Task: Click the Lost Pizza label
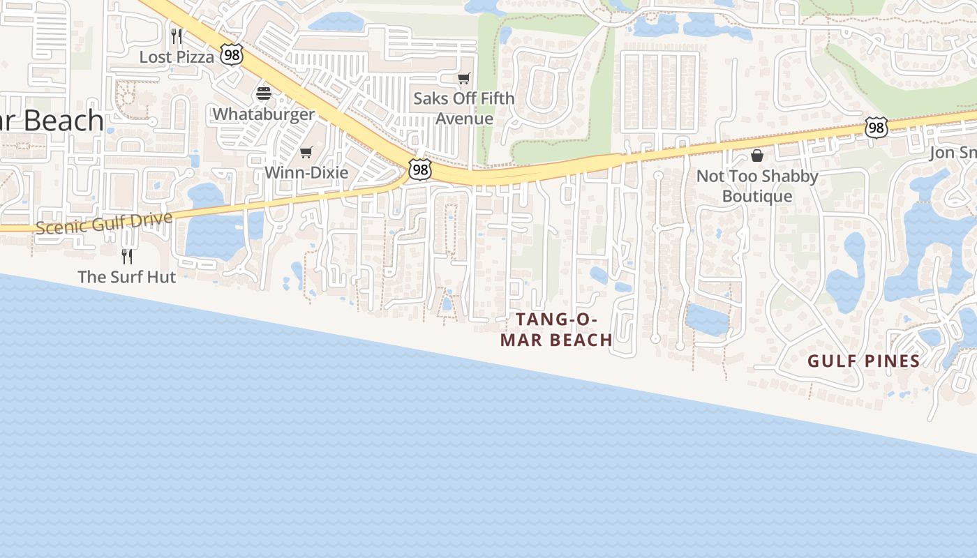coord(177,57)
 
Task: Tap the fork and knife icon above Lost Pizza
coord(177,36)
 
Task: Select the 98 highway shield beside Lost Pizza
coord(232,55)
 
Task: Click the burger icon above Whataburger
coord(264,93)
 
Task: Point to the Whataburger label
coord(264,114)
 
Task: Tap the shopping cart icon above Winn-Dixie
coord(306,152)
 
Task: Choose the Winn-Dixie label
coord(306,172)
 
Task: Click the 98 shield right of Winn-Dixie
coord(420,169)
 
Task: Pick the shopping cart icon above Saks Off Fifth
coord(464,78)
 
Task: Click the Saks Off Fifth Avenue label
coord(464,108)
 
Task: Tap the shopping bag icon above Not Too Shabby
coord(757,155)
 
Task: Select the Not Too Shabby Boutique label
coord(757,186)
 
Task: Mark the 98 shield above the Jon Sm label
coord(876,128)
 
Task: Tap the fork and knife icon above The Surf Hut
coord(126,256)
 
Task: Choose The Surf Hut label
coord(126,277)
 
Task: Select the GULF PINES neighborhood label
coord(864,361)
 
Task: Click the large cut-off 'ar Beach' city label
coord(52,121)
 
